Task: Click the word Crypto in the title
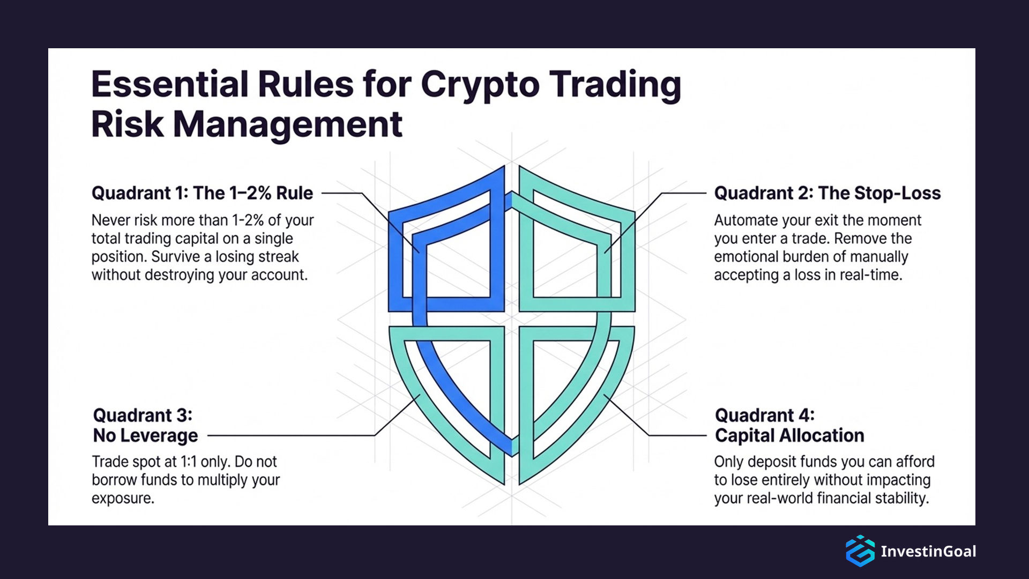pyautogui.click(x=480, y=85)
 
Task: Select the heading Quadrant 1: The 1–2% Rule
pyautogui.click(x=202, y=193)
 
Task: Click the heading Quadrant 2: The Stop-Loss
pyautogui.click(x=827, y=193)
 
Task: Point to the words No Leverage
pyautogui.click(x=145, y=435)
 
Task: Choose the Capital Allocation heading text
pyautogui.click(x=789, y=435)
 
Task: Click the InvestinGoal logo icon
pyautogui.click(x=860, y=551)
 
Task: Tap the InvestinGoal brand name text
pyautogui.click(x=928, y=551)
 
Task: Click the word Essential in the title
pyautogui.click(x=169, y=85)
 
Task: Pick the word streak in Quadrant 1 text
pyautogui.click(x=278, y=257)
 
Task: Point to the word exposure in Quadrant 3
pyautogui.click(x=122, y=499)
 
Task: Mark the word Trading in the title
pyautogui.click(x=615, y=85)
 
